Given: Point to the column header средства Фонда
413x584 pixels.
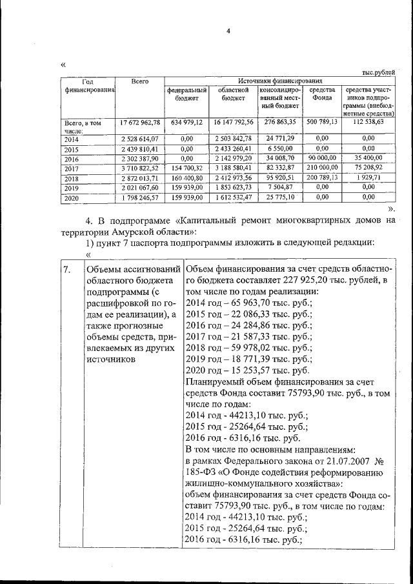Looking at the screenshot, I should point(322,94).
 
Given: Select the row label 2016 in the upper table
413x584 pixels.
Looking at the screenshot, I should point(72,159).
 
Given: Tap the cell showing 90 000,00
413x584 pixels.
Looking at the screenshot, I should point(322,158).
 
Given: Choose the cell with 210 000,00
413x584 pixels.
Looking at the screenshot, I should point(322,168).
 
